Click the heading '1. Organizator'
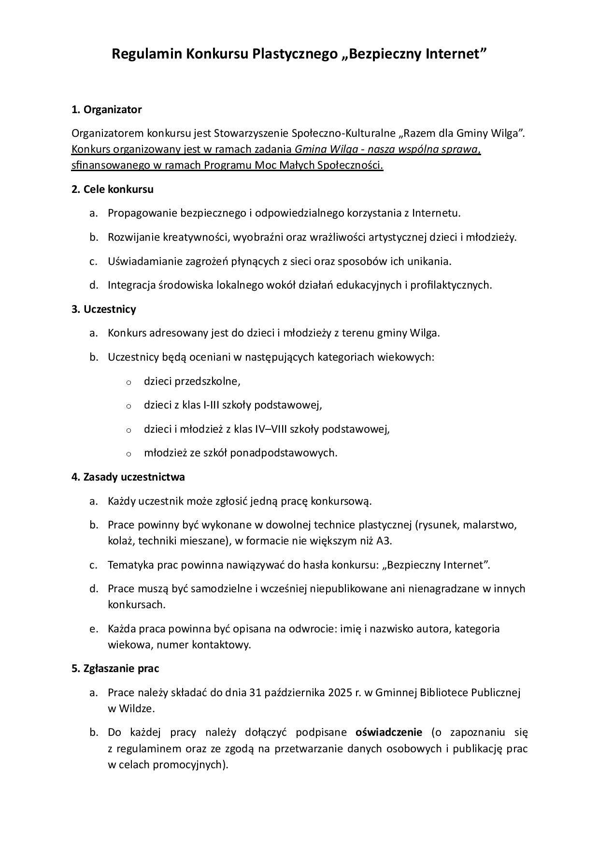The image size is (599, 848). click(x=106, y=110)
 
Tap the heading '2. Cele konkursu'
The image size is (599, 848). click(x=112, y=189)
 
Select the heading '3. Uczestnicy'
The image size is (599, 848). click(x=103, y=309)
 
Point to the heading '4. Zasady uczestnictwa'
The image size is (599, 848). click(x=128, y=477)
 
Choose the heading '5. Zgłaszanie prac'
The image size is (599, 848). click(x=115, y=668)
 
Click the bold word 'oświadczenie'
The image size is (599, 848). click(x=389, y=732)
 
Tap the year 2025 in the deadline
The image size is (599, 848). click(x=340, y=692)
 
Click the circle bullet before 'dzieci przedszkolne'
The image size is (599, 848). click(x=128, y=382)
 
